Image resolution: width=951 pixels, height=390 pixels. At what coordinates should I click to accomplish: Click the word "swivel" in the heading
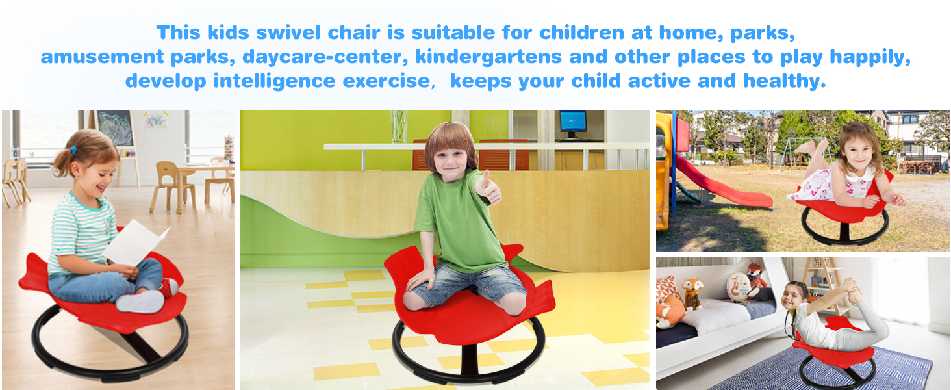[288, 32]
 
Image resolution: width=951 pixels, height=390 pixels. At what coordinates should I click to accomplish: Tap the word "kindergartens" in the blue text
[488, 57]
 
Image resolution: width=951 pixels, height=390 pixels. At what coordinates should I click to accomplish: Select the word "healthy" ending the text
[784, 81]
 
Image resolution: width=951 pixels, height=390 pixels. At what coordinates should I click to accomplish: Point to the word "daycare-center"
[325, 57]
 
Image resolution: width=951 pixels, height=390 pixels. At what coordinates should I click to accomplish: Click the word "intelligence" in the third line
[274, 81]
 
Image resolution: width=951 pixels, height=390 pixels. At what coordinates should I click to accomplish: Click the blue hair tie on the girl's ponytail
[73, 149]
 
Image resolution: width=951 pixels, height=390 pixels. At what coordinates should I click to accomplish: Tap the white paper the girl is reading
[135, 243]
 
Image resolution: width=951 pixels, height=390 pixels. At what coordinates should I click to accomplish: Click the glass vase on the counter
[399, 126]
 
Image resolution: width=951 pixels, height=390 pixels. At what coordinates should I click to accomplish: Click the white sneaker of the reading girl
[140, 301]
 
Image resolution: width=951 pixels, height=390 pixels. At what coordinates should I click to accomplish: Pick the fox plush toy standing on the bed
[692, 294]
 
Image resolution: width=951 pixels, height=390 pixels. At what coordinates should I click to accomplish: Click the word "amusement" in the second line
[102, 57]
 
